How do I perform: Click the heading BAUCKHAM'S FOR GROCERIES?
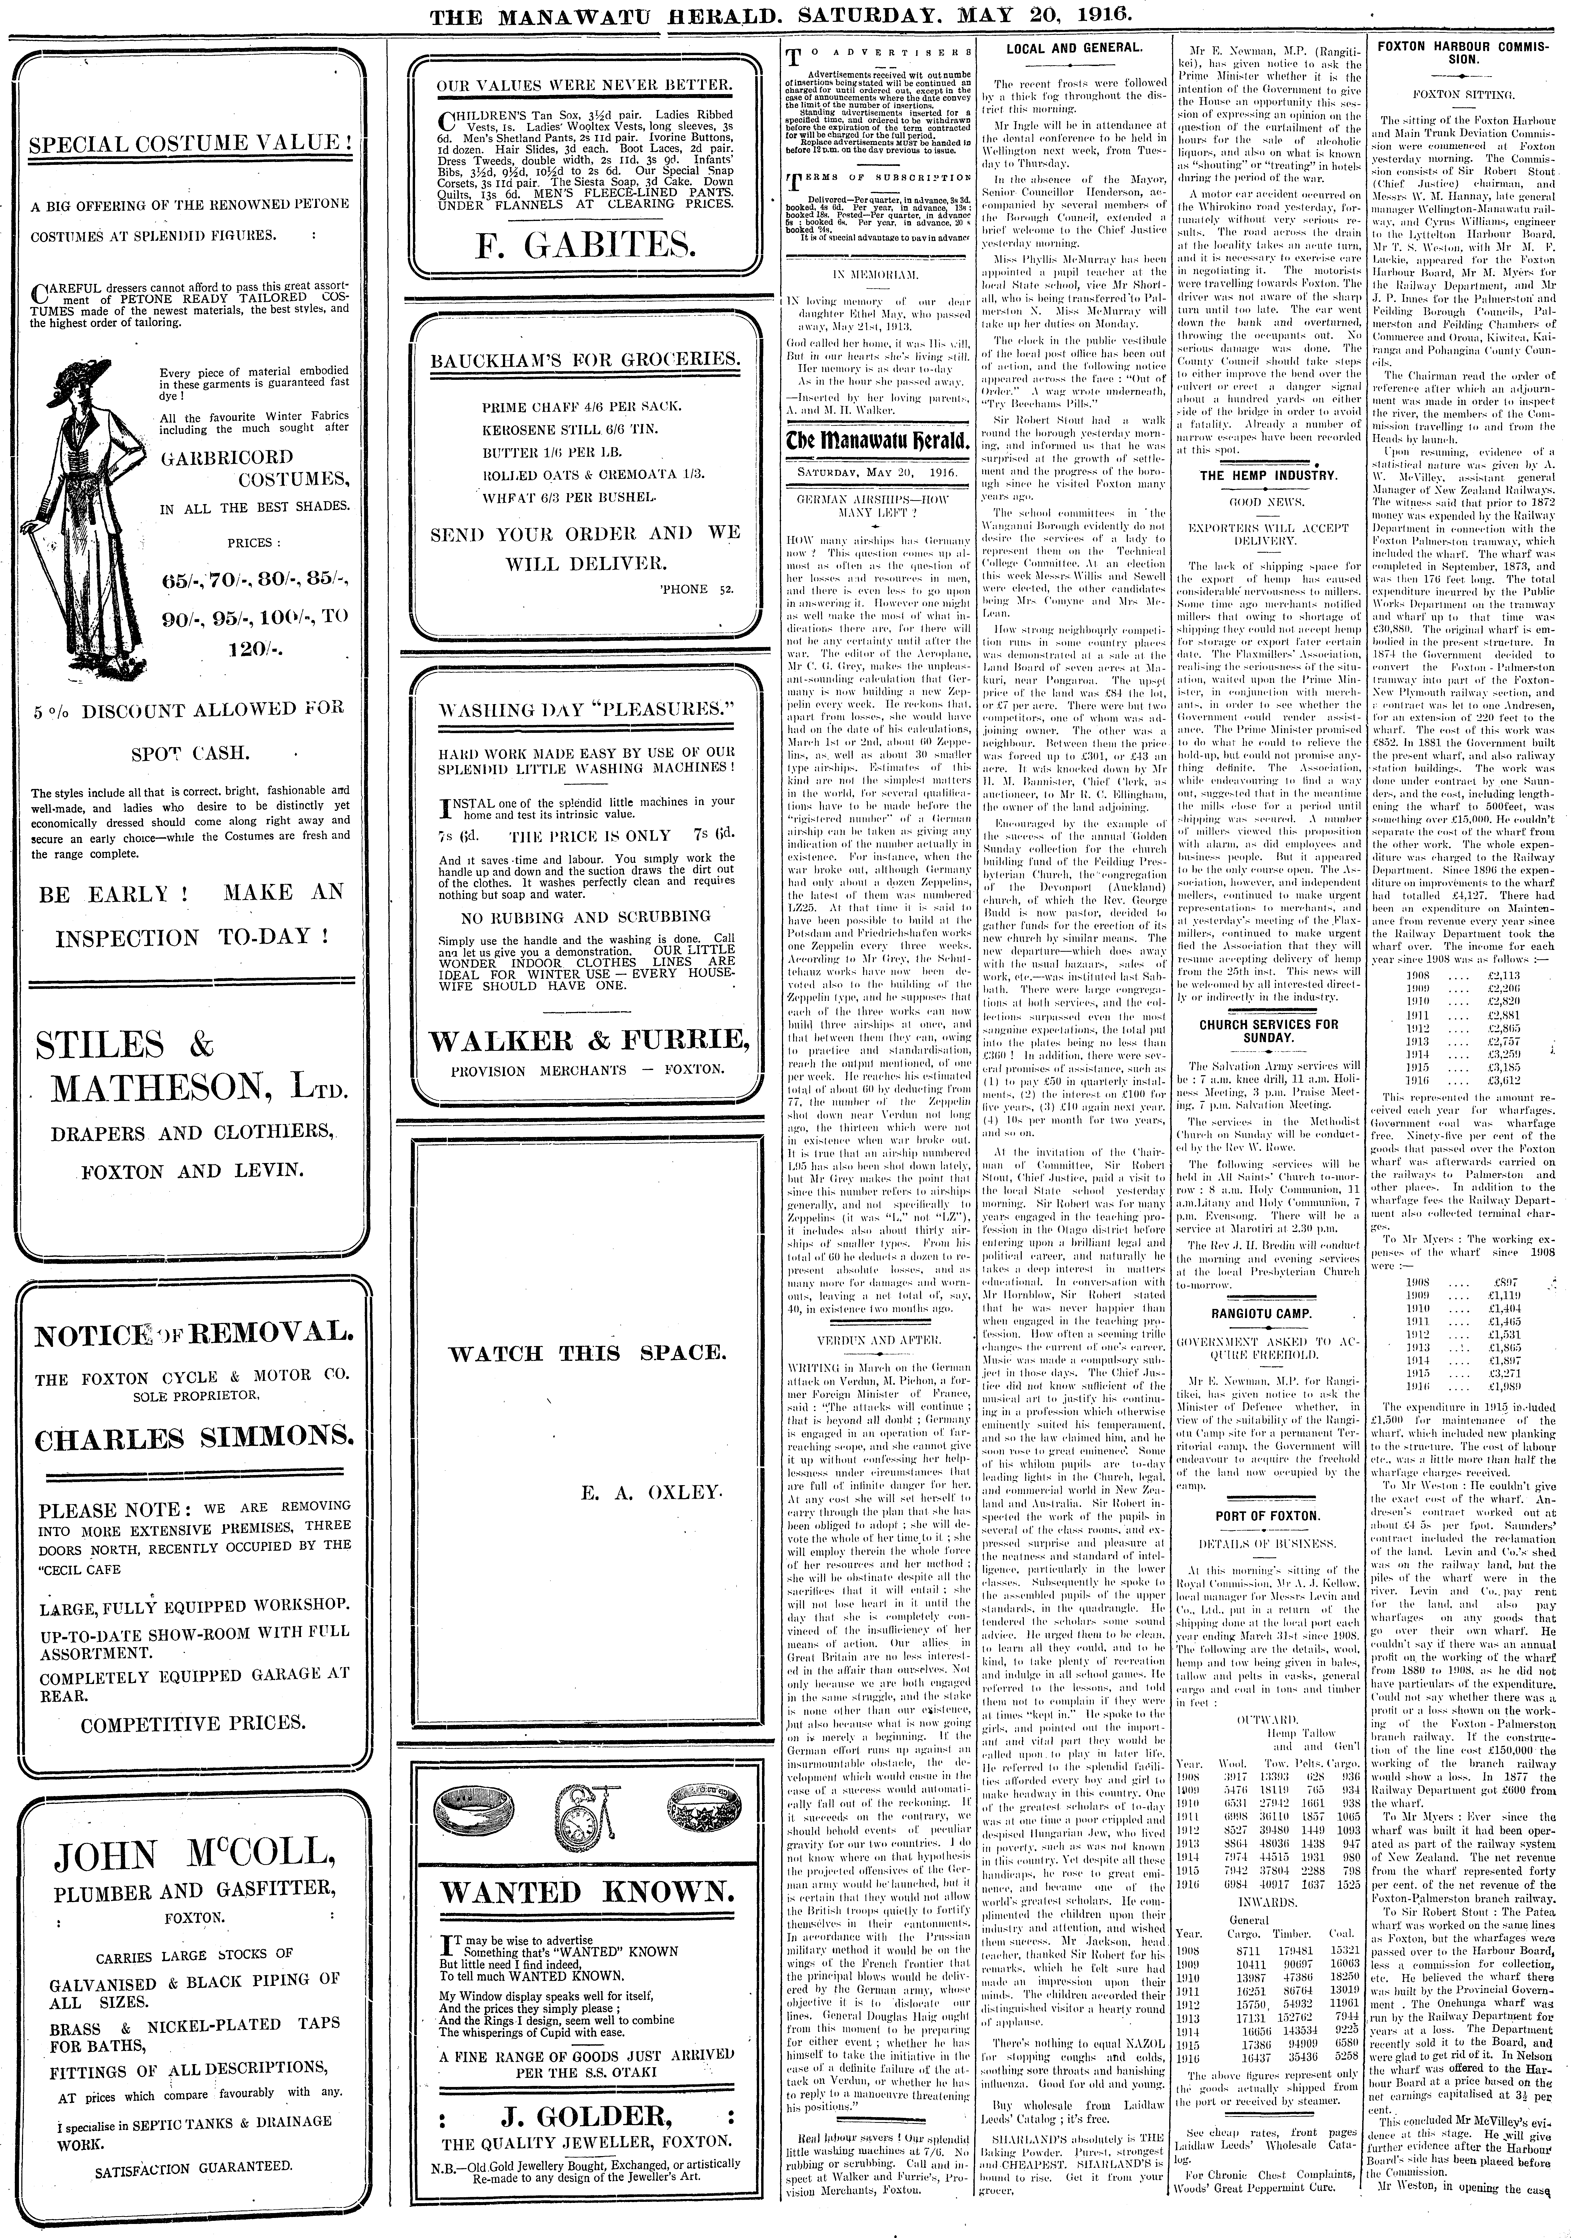[585, 359]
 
